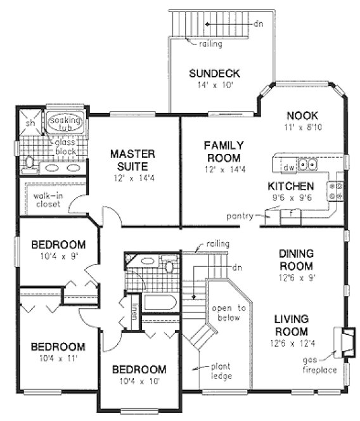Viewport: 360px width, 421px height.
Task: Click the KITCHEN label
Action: (x=291, y=186)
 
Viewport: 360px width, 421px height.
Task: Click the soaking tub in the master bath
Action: (x=61, y=122)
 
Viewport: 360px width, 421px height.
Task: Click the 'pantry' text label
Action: (x=239, y=217)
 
